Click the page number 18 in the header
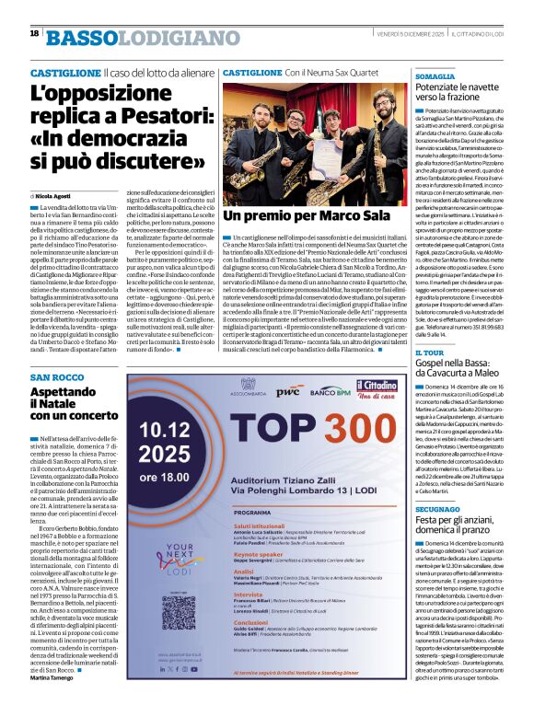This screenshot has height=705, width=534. (34, 32)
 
